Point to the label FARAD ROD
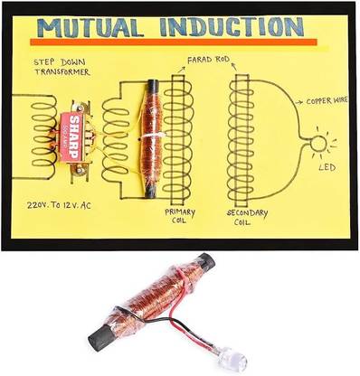coord(209,60)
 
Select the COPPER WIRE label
coord(328,103)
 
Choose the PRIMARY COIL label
coord(179,217)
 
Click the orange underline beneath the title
coord(172,42)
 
